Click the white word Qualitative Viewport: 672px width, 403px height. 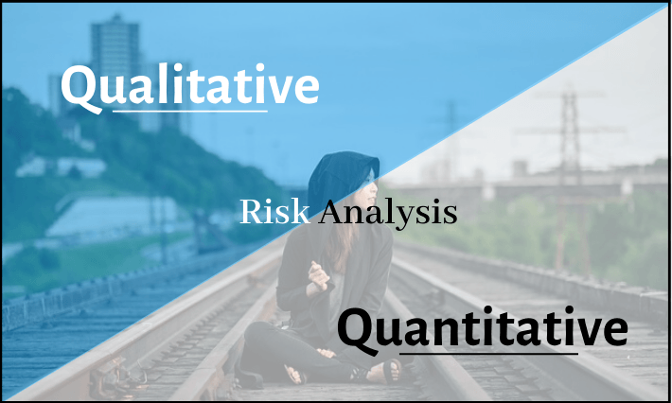pyautogui.click(x=190, y=87)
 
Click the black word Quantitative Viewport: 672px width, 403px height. pyautogui.click(x=483, y=329)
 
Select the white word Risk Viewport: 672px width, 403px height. pyautogui.click(x=274, y=212)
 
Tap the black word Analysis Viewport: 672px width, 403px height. pyautogui.click(x=387, y=213)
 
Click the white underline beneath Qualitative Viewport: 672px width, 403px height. pyautogui.click(x=190, y=112)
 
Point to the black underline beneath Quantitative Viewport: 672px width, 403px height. pyautogui.click(x=488, y=354)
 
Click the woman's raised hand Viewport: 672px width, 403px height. pyautogui.click(x=318, y=276)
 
